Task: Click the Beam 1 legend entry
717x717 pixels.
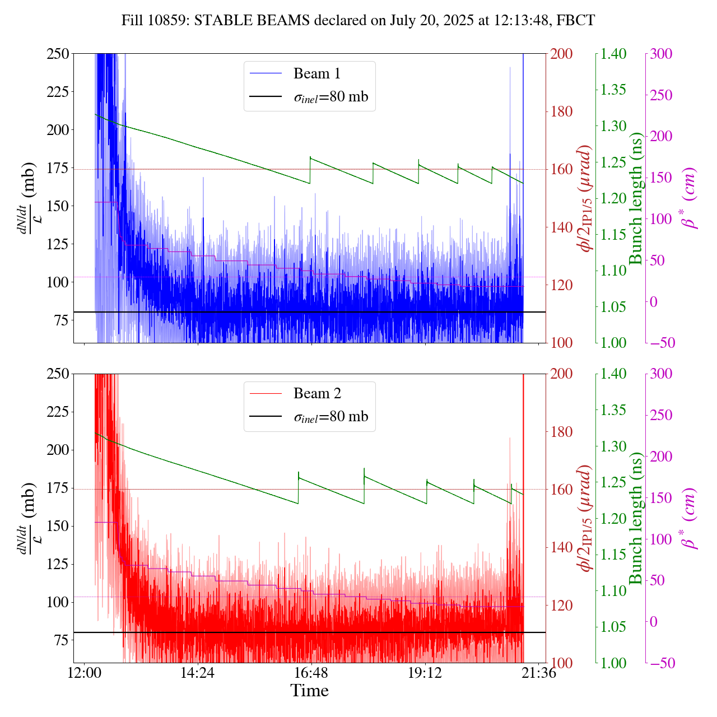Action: [x=316, y=73]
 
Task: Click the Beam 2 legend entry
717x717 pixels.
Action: [x=316, y=393]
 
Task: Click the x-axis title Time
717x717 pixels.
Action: [x=309, y=691]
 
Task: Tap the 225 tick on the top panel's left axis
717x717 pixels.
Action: [x=58, y=91]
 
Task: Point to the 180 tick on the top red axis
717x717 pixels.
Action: [x=562, y=111]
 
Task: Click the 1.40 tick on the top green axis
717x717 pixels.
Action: [x=614, y=54]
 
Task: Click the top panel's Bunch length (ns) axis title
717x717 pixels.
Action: [x=636, y=198]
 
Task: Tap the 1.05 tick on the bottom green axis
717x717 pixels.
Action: [x=614, y=627]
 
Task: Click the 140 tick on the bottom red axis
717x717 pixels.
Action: [x=562, y=547]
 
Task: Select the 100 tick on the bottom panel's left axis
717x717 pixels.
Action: [x=58, y=602]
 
